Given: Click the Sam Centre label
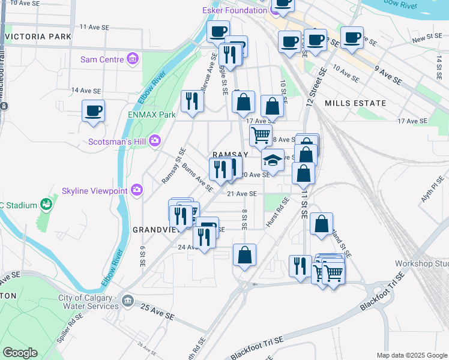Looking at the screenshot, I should tap(102, 59).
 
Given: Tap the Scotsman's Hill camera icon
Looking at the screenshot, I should tap(155, 140).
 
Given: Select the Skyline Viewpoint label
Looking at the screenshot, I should tap(95, 191).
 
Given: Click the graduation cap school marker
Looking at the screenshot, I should tap(273, 161).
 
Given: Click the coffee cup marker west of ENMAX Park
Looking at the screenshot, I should tap(93, 111).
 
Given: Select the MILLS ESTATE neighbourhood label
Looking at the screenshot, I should tap(355, 103).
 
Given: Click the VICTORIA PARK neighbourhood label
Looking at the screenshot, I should tap(37, 37).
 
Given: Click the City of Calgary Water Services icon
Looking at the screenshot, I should tap(127, 299).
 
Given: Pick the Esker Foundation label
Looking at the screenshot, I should tap(235, 10).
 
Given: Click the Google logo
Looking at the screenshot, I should tap(20, 353).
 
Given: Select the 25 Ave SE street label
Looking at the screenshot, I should tap(157, 311).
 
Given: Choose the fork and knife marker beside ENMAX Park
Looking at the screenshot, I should tap(192, 100).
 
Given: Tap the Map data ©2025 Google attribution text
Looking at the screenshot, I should tap(411, 355).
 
